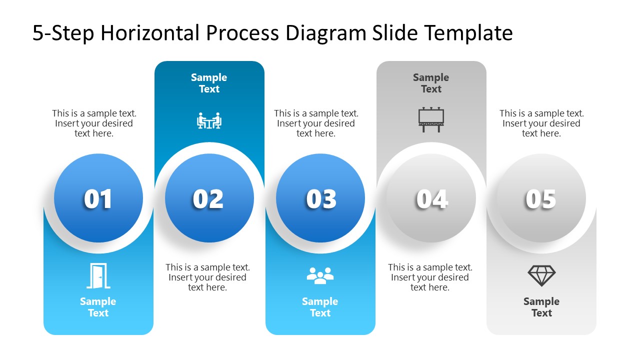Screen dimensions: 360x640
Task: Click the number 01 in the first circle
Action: click(98, 199)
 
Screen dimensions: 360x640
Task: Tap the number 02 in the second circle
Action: click(208, 199)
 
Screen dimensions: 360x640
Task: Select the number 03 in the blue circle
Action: click(320, 199)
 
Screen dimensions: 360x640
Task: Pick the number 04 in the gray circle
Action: click(431, 199)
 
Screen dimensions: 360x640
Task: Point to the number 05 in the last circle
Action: click(540, 199)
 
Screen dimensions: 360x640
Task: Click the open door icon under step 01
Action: click(98, 276)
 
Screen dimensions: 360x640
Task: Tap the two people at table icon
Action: click(209, 121)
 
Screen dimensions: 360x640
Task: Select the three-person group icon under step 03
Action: click(320, 275)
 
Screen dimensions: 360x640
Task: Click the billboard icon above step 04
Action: click(431, 120)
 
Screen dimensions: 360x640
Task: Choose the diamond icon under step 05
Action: click(541, 275)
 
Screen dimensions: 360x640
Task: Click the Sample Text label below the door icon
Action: click(98, 307)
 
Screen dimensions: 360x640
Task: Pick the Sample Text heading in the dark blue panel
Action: click(209, 83)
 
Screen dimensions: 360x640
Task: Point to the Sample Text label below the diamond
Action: click(541, 307)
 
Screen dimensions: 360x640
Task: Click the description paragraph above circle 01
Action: click(94, 123)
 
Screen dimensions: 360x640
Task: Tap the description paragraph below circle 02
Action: click(207, 277)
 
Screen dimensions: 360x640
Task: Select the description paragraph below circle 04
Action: click(430, 277)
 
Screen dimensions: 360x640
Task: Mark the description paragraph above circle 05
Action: click(541, 123)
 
